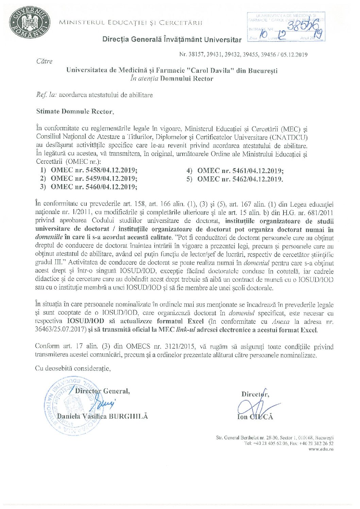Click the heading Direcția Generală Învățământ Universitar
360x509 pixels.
172,39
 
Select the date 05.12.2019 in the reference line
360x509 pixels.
294,54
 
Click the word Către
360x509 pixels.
45,62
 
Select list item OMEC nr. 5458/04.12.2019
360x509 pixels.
94,170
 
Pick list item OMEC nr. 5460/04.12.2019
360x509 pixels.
94,187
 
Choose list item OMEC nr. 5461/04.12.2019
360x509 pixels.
240,171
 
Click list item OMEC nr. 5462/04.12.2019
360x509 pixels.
240,179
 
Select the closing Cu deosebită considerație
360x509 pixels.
73,368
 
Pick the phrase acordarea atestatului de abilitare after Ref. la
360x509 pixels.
106,95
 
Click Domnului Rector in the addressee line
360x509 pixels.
186,79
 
